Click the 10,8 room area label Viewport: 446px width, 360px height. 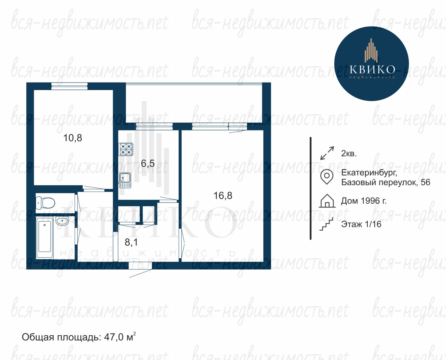point(73,138)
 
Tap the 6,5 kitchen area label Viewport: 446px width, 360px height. point(148,163)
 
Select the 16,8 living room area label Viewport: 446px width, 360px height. point(223,195)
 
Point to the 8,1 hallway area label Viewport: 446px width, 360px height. point(131,242)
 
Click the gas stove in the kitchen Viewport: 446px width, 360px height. point(126,149)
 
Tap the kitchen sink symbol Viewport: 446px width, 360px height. point(125,180)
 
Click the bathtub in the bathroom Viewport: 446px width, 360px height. point(45,238)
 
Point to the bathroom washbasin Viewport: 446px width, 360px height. point(62,221)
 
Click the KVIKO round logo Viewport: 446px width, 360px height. point(371,63)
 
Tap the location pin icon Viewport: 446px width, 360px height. point(327,177)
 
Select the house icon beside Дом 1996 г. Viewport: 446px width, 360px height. point(327,201)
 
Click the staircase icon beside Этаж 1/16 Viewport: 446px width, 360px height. point(326,224)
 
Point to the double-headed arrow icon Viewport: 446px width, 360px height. point(327,153)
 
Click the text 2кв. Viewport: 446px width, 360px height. point(349,153)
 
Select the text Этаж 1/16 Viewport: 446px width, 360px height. point(361,224)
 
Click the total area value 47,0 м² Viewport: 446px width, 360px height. point(120,337)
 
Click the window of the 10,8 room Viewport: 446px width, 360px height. point(69,86)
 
